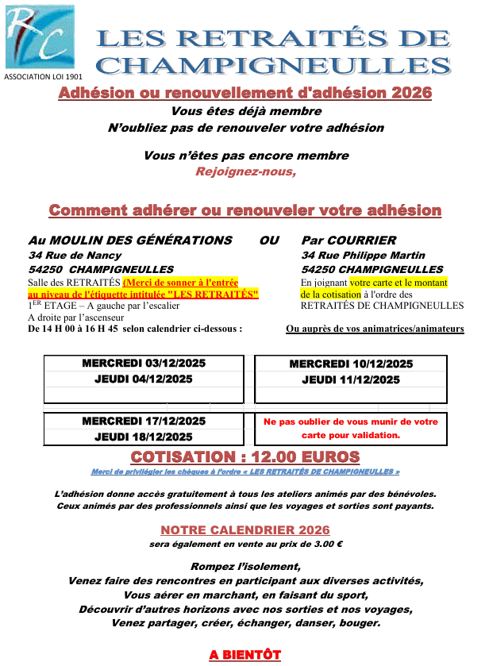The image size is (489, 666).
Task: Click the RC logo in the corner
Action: pos(40,37)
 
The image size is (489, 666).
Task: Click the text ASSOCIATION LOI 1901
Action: pos(44,77)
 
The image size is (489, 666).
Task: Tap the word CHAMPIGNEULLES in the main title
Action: pos(278,65)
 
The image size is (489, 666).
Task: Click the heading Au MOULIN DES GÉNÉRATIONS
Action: pos(130,240)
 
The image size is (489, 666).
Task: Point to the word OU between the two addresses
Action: pos(269,240)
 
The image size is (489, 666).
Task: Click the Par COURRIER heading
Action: pos(348,240)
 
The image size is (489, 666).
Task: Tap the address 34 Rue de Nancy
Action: pos(75,255)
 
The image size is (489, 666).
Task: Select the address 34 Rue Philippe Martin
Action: pos(363,255)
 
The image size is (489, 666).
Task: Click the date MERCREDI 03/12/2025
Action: pos(144,363)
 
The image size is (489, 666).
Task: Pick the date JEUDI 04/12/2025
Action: pos(144,379)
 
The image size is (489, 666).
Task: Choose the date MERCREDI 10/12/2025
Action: pos(351,364)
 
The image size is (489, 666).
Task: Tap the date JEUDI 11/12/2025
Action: pos(351,379)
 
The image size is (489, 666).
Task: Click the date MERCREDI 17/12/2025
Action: pos(144,421)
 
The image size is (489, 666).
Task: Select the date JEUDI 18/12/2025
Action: pos(144,437)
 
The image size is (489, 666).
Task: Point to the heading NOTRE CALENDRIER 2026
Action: pos(245,530)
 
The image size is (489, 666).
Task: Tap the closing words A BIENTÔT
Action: pos(245,655)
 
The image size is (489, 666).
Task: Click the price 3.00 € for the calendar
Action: pos(325,544)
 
